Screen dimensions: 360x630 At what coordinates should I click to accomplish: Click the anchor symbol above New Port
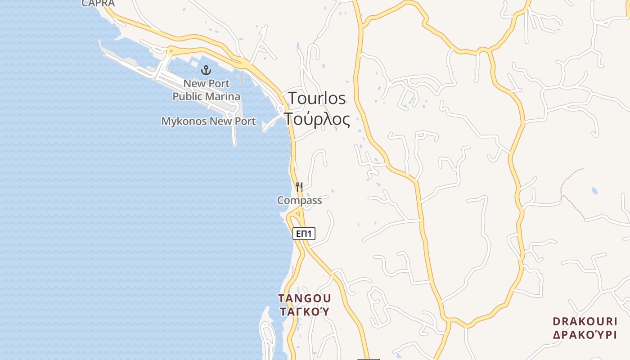click(206, 70)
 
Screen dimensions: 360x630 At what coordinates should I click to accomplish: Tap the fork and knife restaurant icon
click(299, 187)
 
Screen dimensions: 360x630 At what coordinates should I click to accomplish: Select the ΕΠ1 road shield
click(304, 234)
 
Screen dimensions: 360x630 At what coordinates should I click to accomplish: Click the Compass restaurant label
click(299, 200)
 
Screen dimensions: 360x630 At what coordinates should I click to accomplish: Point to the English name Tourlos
click(317, 98)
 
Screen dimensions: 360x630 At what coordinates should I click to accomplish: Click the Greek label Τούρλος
click(317, 119)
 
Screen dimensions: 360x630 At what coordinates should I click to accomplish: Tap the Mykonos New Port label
click(208, 121)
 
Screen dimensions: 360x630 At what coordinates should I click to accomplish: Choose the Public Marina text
click(206, 96)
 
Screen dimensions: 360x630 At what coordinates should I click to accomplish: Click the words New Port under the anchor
click(206, 83)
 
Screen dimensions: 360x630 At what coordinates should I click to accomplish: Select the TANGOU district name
click(305, 298)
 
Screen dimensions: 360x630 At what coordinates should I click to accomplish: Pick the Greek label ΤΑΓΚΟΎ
click(305, 311)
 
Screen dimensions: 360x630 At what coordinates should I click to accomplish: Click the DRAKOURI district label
click(585, 321)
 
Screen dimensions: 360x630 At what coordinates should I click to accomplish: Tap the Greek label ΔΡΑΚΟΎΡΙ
click(585, 335)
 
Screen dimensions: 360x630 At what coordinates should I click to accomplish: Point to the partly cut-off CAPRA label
click(98, 4)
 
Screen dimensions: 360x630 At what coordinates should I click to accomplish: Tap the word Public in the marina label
click(189, 96)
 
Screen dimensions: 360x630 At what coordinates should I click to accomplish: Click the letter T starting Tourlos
click(292, 98)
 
